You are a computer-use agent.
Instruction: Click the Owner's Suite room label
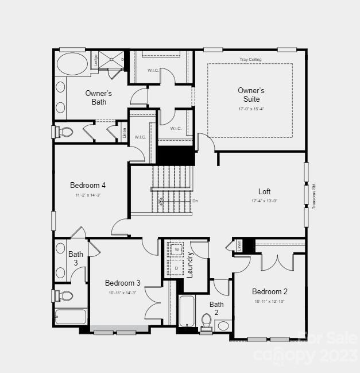point(251,95)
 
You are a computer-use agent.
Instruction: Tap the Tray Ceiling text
point(250,60)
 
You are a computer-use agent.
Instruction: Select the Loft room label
point(264,191)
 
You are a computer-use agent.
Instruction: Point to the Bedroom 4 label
point(87,185)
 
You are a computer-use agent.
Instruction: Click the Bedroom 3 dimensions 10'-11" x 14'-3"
point(122,293)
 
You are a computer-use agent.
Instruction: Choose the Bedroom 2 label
point(269,291)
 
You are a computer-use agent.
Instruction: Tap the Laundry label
point(190,264)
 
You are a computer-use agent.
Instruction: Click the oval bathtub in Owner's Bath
point(72,63)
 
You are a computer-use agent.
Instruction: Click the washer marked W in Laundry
point(177,250)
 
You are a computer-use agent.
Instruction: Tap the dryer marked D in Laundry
point(177,267)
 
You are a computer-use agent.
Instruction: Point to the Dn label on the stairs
point(195,201)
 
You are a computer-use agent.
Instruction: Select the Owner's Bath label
point(98,98)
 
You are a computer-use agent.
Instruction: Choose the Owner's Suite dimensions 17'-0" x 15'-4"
point(251,109)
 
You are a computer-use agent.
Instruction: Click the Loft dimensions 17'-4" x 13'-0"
point(264,201)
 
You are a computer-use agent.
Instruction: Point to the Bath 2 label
point(216,308)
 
